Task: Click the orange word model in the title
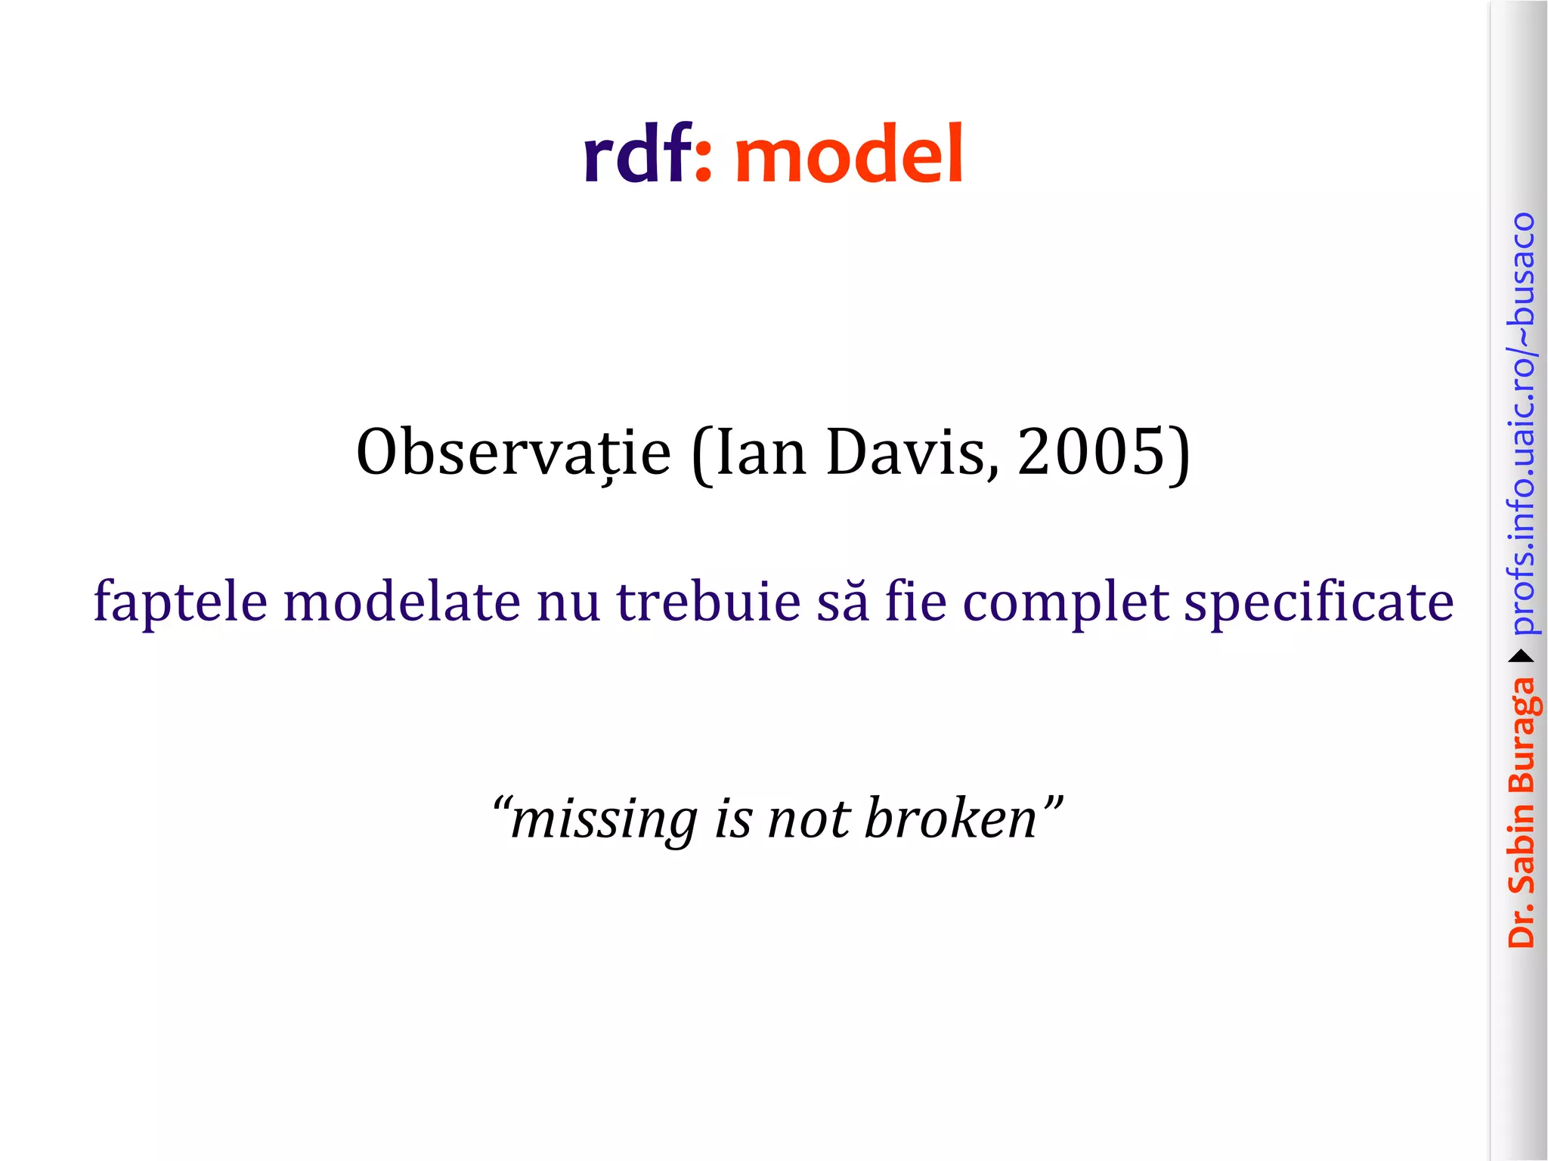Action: pos(849,155)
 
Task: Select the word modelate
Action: pos(401,601)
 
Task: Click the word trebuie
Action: pos(708,601)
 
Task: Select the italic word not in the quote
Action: pos(808,820)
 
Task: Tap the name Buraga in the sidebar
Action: pos(1522,732)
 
